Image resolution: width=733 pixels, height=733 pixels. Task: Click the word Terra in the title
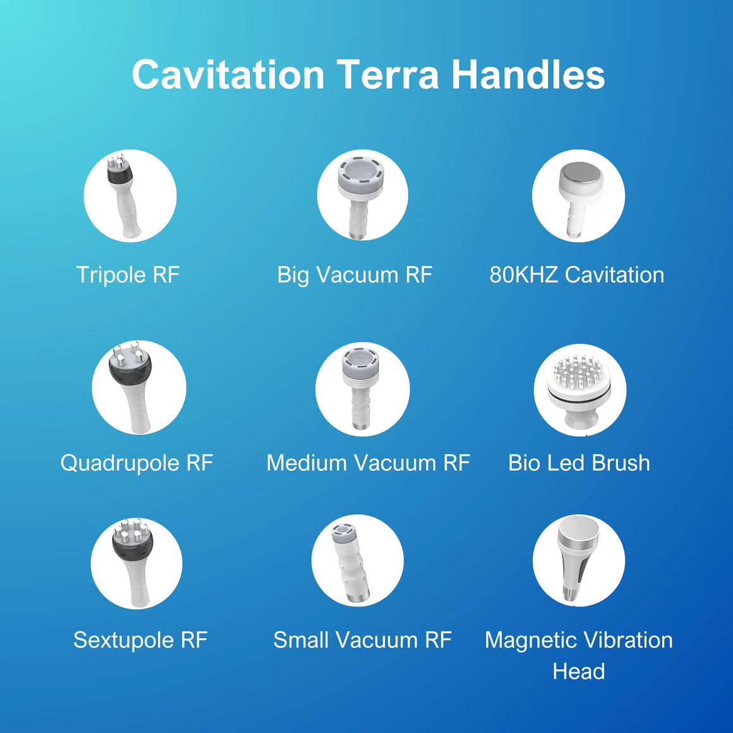click(x=388, y=75)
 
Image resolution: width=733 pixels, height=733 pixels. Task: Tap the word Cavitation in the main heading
click(x=228, y=75)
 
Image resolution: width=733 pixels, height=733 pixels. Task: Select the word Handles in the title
click(x=528, y=75)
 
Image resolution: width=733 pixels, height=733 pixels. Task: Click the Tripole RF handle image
click(x=123, y=195)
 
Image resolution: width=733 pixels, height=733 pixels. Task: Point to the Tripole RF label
click(x=128, y=274)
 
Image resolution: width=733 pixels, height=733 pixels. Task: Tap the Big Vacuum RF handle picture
click(x=360, y=195)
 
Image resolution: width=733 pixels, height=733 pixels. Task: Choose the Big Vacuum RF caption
click(x=354, y=274)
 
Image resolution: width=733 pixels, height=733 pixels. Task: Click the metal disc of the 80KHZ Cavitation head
click(x=581, y=173)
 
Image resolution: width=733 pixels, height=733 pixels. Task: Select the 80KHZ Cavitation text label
click(x=577, y=274)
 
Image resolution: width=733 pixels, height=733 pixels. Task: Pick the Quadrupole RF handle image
click(x=133, y=387)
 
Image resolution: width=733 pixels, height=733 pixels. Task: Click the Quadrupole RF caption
click(x=136, y=463)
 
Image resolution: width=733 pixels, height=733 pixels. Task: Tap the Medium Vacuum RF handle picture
click(x=360, y=388)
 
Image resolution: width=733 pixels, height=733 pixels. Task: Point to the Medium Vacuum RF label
click(x=368, y=463)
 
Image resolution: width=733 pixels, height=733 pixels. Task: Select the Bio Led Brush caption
click(x=579, y=463)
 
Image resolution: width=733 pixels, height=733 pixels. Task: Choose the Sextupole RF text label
click(x=140, y=640)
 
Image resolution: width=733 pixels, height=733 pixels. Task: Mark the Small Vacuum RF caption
click(x=362, y=640)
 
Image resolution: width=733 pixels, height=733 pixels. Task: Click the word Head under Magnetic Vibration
click(x=579, y=671)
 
